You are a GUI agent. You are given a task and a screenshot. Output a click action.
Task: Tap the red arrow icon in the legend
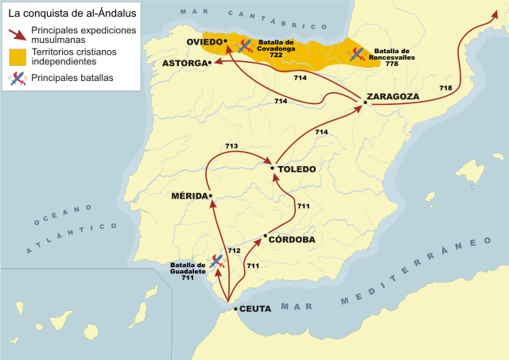point(18,34)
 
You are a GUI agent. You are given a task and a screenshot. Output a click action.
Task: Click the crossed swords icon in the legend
point(17,78)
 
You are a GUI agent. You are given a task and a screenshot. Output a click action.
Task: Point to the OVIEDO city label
point(204,41)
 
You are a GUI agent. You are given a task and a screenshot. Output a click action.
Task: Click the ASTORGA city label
point(185,63)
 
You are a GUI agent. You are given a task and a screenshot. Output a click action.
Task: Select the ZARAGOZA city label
point(393,95)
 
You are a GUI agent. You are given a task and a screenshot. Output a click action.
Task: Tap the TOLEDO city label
point(297,169)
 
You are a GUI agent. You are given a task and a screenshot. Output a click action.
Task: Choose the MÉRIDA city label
point(189,195)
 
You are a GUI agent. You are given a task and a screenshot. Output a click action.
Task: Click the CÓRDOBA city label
point(292,239)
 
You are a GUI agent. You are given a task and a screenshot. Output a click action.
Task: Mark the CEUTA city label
point(255,309)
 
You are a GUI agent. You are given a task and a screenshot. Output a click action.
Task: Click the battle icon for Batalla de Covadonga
point(246,45)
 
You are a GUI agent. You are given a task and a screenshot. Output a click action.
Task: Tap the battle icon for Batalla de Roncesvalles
point(359,54)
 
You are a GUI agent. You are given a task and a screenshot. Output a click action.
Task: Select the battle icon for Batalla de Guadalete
point(216,262)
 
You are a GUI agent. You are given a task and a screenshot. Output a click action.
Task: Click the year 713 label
point(231,146)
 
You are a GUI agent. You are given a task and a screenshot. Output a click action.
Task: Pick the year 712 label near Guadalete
point(234,250)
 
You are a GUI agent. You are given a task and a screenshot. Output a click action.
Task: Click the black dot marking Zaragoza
point(365,102)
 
